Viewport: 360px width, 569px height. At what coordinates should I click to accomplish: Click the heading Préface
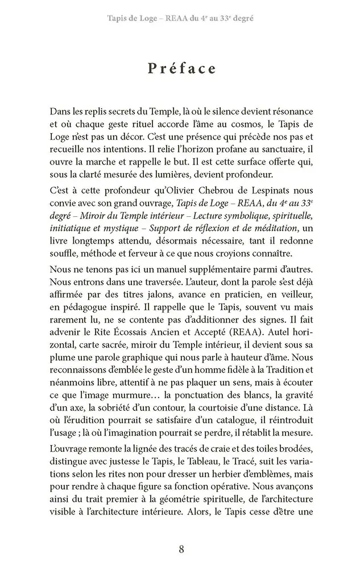click(x=181, y=68)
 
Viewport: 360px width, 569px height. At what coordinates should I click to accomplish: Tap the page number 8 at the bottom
click(x=181, y=549)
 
